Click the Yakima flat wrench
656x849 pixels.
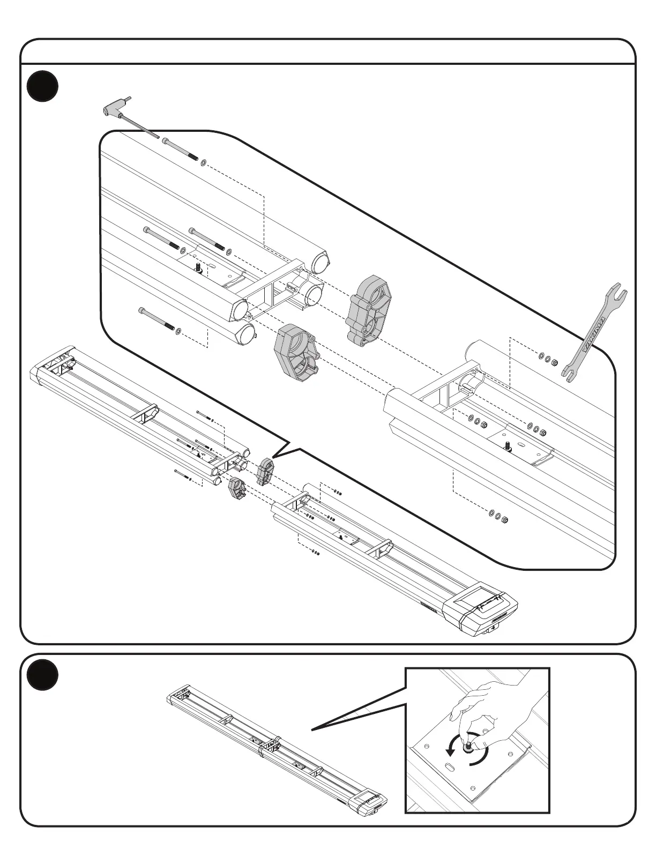pos(594,332)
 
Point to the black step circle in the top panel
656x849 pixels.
pos(43,87)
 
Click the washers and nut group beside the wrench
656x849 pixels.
pos(548,359)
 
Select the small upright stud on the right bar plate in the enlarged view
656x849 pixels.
pos(507,445)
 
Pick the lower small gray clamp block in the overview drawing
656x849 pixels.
pos(236,487)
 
